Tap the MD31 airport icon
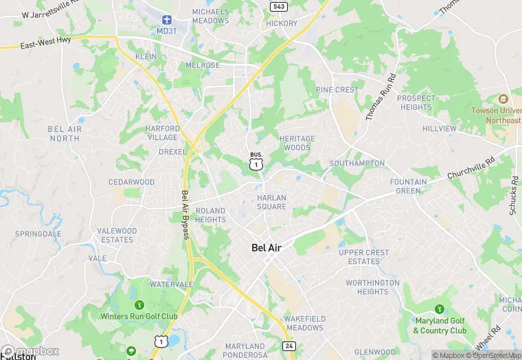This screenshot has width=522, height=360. point(165,21)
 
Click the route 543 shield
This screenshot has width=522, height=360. point(278,6)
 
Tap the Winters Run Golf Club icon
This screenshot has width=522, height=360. point(139,304)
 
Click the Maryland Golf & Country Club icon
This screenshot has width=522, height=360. point(440,308)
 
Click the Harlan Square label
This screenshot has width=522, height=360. point(271,202)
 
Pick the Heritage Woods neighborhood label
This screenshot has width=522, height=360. point(297,143)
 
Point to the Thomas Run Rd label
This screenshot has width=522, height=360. point(381,98)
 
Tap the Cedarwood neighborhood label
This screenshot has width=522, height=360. point(131,182)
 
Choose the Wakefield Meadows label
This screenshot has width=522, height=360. point(304,324)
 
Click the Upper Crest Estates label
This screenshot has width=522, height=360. point(363,257)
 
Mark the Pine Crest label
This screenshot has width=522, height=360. point(337,90)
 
